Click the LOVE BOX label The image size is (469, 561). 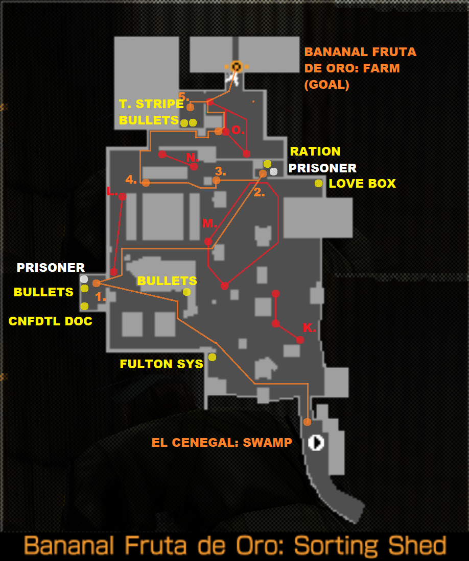click(x=362, y=184)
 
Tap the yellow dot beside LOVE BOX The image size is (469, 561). click(x=318, y=184)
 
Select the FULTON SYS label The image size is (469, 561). click(x=161, y=364)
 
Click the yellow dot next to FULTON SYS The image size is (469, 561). click(x=212, y=357)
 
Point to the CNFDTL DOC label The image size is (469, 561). click(x=50, y=321)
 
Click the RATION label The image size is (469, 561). click(x=315, y=151)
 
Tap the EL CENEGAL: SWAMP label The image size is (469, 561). click(x=222, y=443)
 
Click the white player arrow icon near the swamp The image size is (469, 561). click(x=316, y=443)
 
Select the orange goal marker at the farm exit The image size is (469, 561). click(x=236, y=66)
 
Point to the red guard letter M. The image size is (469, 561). click(x=209, y=223)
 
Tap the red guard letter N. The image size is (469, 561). click(x=192, y=158)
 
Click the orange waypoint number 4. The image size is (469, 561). click(x=131, y=179)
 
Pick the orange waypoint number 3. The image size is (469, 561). click(x=220, y=171)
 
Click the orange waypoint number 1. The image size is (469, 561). click(x=100, y=297)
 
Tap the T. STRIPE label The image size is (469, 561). click(x=151, y=104)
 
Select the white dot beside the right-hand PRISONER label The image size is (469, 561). click(x=273, y=172)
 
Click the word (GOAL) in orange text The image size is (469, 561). click(x=327, y=85)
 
